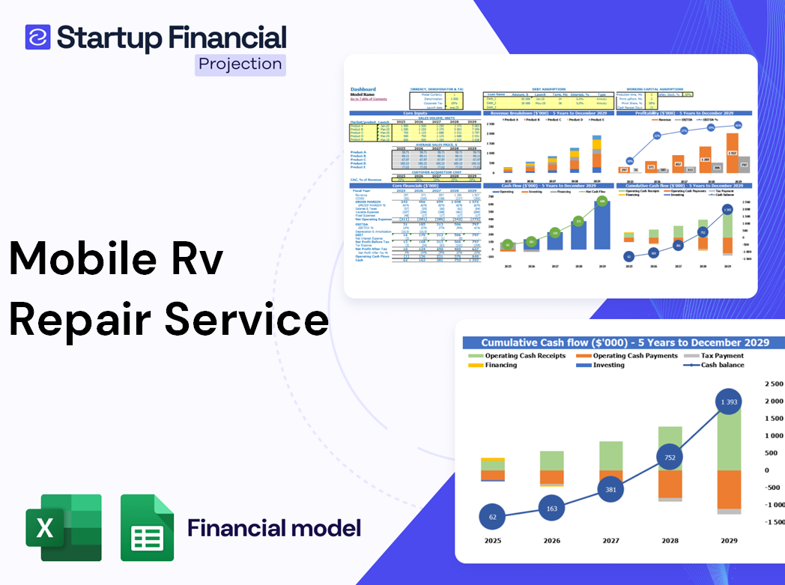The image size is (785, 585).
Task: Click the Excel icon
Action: (64, 527)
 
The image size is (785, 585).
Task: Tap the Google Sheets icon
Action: (148, 527)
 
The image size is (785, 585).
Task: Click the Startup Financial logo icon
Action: (37, 37)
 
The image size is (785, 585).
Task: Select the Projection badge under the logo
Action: (240, 64)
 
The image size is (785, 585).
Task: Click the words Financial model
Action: (274, 528)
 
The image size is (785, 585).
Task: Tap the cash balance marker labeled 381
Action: (610, 489)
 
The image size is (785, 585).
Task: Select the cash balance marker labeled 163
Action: (551, 508)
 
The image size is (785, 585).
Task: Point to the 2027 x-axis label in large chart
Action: (611, 541)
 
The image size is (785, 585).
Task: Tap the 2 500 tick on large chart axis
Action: (772, 384)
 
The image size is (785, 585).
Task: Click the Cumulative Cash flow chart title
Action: (625, 342)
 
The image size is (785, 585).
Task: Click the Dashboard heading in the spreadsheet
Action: (363, 89)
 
